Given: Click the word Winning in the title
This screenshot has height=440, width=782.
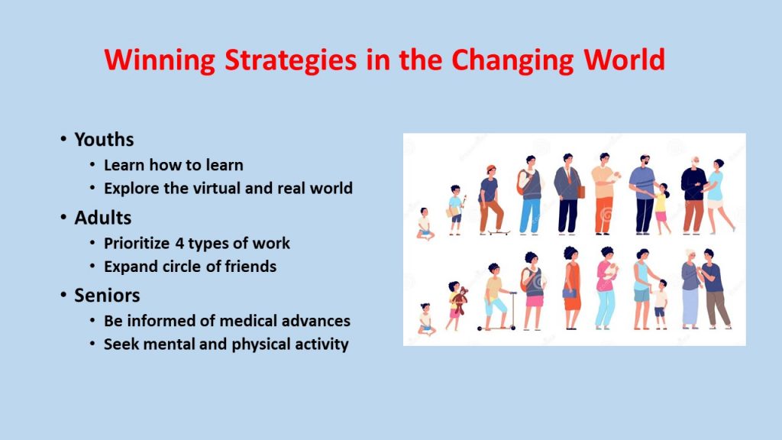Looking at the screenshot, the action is pos(160,60).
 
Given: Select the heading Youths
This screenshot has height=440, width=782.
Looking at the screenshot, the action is pos(104,139).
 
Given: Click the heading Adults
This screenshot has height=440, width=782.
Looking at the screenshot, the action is pos(103,218).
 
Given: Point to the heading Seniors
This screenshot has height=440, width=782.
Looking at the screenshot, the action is pos(107,296).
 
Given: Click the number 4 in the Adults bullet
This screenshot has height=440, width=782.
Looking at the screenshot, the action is pos(179,244).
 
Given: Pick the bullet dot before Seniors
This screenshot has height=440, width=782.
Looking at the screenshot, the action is pos(63,295).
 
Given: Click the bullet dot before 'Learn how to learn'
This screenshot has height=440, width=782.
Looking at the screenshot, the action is pos(92,164).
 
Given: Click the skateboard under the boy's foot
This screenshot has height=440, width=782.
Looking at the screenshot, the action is pos(498,232).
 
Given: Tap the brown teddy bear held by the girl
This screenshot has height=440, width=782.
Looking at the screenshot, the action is pos(460,299).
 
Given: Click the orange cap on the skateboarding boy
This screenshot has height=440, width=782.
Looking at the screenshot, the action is pos(491,168).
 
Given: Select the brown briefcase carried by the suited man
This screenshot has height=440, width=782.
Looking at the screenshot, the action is pos(580,192).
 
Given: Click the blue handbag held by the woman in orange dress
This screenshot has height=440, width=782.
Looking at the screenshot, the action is pos(570,294).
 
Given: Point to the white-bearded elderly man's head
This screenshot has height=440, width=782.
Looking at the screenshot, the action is pos(694,163).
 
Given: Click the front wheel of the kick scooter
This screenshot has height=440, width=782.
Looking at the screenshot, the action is pos(512,328).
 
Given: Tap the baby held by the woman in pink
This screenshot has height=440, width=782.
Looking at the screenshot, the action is pos(609,271).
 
